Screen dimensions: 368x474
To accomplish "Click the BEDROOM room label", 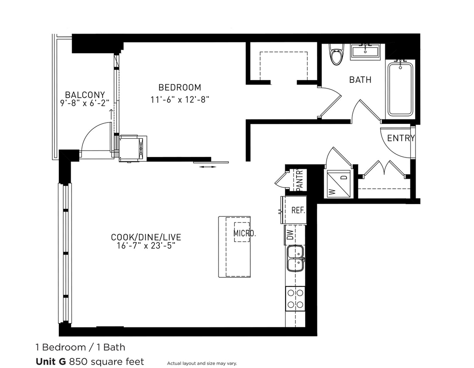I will point(180,87).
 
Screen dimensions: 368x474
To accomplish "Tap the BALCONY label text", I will point(85,95).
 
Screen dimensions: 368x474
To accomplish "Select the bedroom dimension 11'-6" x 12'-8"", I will point(180,99).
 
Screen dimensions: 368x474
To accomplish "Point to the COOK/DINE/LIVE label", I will point(146,237).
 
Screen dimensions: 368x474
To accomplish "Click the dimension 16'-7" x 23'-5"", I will point(146,246).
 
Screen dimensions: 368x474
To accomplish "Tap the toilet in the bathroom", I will point(336,55).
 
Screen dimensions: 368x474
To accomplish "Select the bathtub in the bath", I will point(400,89).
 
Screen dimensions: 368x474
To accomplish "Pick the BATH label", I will point(361,80).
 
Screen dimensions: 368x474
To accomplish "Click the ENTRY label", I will point(401,138).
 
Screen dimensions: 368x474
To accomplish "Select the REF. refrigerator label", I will point(298,210).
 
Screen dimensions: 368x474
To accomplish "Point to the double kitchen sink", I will point(295,258).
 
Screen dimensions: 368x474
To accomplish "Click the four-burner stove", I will point(295,299).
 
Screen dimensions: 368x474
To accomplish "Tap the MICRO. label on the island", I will point(245,233).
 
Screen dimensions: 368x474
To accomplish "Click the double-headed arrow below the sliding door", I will point(208,167).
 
